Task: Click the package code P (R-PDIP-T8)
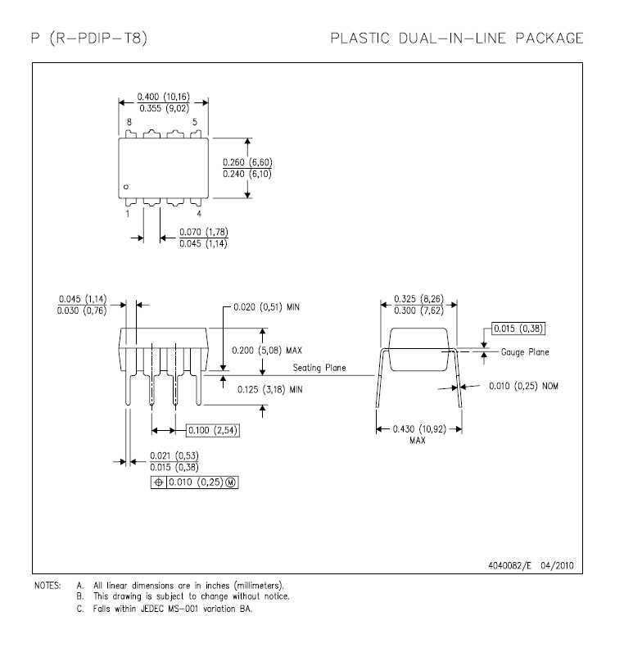point(89,39)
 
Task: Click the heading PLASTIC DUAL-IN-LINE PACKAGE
point(457,39)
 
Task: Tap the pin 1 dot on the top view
point(125,187)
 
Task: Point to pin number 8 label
point(129,122)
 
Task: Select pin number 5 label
point(194,122)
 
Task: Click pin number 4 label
point(199,214)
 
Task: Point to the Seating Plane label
point(319,368)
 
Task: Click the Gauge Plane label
point(525,352)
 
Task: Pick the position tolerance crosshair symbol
point(159,483)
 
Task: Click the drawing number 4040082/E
point(509,565)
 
